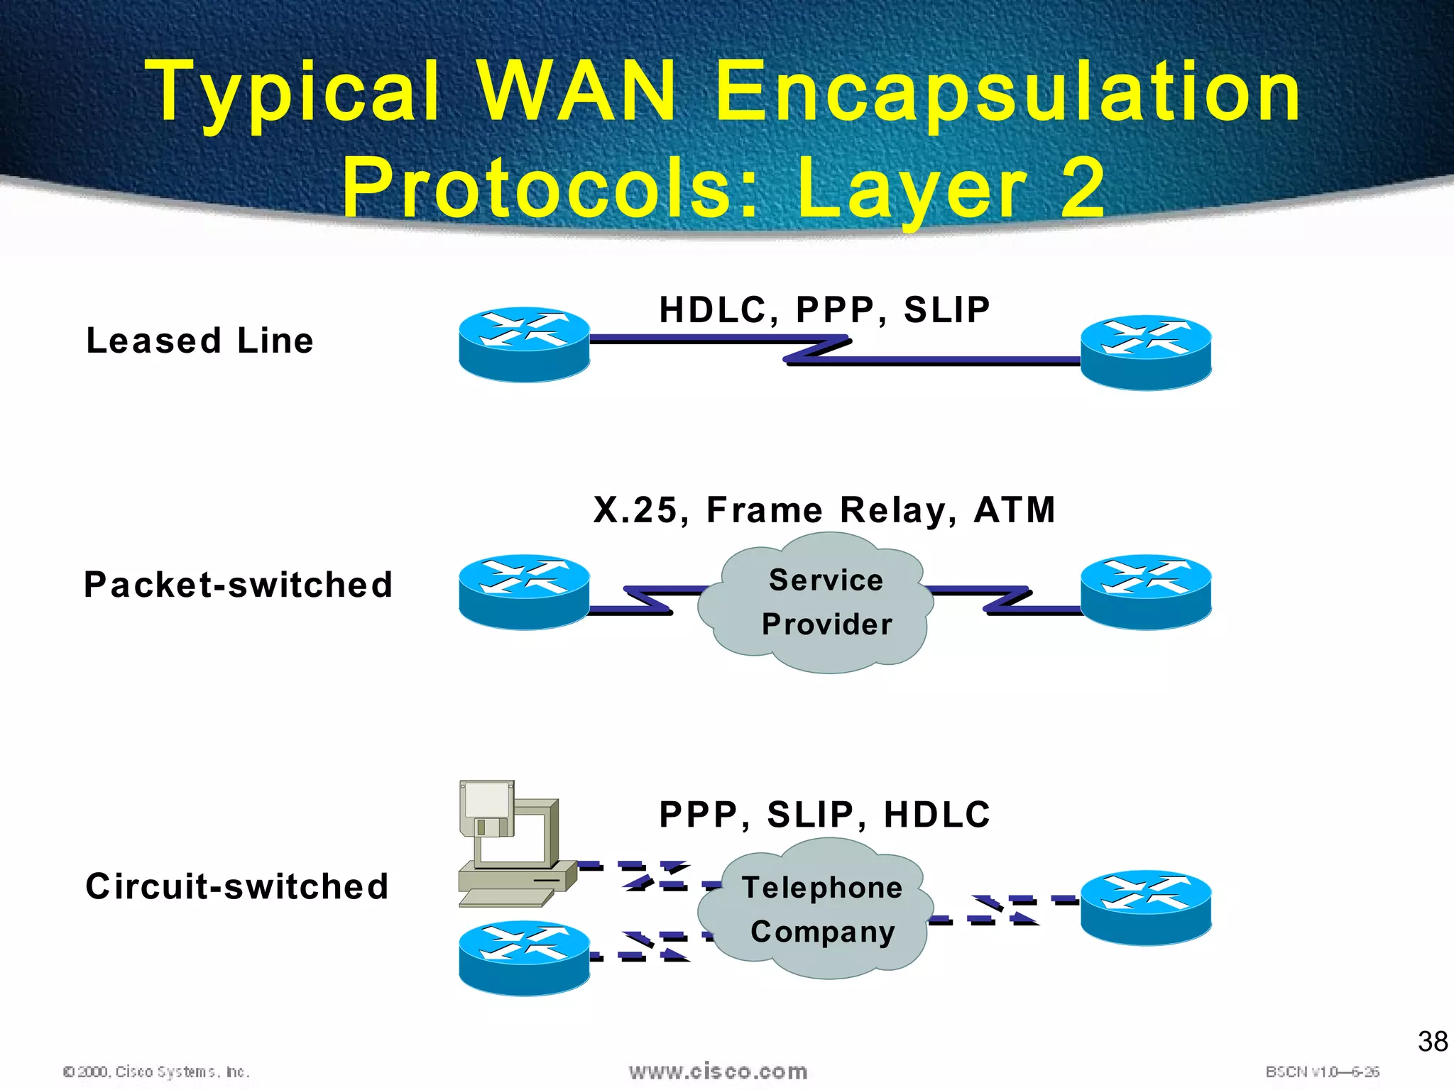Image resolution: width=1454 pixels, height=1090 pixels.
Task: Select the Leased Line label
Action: point(199,341)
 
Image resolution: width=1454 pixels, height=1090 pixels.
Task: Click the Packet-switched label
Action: point(238,585)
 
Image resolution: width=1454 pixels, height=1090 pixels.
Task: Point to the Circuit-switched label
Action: point(237,886)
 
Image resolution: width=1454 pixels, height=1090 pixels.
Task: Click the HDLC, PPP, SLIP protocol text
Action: point(824,310)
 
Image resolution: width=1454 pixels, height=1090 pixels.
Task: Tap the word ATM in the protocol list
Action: point(1015,510)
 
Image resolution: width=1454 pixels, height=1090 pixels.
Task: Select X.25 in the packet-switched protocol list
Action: point(635,510)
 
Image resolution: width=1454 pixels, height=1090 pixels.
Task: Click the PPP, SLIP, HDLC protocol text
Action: point(824,814)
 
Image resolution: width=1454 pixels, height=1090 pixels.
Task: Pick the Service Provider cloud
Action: point(816,603)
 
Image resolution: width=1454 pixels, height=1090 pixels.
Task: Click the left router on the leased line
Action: point(524,346)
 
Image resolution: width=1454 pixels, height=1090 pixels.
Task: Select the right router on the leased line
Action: point(1145,353)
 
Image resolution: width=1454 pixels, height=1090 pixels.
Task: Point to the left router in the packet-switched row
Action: point(524,591)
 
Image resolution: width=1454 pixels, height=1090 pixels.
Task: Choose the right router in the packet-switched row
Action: point(1145,591)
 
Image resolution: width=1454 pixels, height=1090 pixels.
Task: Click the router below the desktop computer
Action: point(524,958)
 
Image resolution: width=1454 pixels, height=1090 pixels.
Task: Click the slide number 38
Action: point(1432,1042)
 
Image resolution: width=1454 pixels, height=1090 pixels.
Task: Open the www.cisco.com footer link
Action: point(718,1071)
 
